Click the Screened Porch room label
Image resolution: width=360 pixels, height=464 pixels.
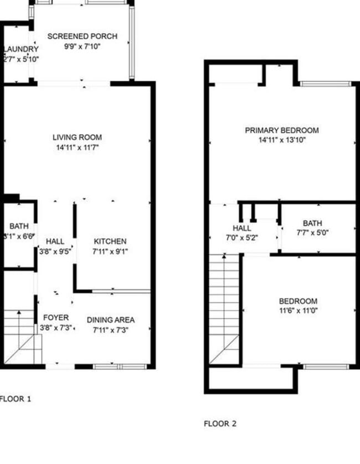(82, 37)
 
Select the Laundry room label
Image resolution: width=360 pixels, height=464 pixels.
(20, 49)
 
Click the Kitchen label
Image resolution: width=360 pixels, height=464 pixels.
(110, 242)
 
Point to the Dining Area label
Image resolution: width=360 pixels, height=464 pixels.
(111, 320)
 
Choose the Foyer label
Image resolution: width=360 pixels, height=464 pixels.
(56, 318)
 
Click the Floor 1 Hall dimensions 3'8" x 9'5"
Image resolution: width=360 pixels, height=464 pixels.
(55, 251)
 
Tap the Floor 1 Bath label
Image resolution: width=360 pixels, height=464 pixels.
(18, 226)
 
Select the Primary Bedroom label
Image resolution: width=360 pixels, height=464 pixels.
(282, 130)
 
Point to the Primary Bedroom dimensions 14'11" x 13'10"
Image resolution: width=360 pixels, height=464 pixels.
(282, 140)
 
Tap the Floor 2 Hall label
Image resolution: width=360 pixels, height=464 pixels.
(241, 228)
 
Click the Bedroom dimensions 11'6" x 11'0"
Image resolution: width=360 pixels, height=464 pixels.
(298, 311)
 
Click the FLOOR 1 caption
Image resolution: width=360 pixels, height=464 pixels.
(16, 398)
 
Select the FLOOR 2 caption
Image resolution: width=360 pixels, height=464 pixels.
(220, 424)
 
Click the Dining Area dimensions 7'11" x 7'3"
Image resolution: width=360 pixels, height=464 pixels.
(111, 330)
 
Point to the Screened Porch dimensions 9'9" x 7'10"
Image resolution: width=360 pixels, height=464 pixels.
(82, 47)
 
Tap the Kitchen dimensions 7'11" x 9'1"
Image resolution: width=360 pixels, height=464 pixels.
(110, 251)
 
